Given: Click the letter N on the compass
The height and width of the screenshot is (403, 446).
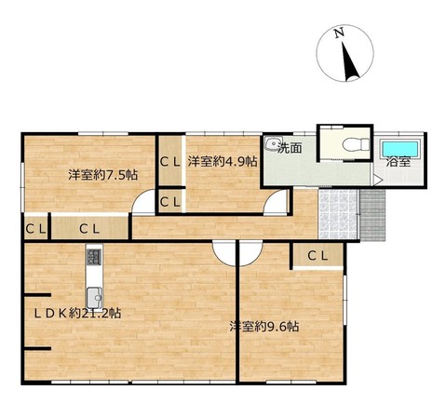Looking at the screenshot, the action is tap(339, 33).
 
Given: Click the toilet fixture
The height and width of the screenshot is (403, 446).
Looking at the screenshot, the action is tap(357, 144).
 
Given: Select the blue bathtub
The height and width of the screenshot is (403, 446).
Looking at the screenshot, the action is tap(399, 150).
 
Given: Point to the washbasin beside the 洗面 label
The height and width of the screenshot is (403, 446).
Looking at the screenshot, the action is tap(273, 143).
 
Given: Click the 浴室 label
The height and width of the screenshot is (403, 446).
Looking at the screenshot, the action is tap(399, 162).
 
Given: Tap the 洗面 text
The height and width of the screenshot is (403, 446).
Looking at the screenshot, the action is tap(290, 148).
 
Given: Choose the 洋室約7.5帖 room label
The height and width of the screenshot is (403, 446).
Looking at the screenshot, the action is tap(102, 175).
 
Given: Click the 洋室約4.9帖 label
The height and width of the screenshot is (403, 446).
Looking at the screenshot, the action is tap(223, 161).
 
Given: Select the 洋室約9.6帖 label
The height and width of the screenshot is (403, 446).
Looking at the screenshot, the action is tap(264, 327).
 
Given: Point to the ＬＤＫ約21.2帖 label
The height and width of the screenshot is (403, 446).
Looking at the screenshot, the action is tap(77, 314).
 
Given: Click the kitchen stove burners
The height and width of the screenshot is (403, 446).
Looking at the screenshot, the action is tap(94, 257).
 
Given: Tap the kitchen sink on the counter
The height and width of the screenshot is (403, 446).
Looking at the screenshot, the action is tap(94, 298).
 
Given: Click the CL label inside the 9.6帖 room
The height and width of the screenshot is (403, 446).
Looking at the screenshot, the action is tap(318, 256).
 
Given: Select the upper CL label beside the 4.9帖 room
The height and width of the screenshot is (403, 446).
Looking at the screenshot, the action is tap(170, 162).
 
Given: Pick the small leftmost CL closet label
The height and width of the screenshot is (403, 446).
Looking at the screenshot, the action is tap(35, 229).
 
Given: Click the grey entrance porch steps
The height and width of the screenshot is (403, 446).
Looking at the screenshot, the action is tap(372, 215).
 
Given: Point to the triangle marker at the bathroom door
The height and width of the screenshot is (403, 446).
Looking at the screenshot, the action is tap(377, 181).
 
